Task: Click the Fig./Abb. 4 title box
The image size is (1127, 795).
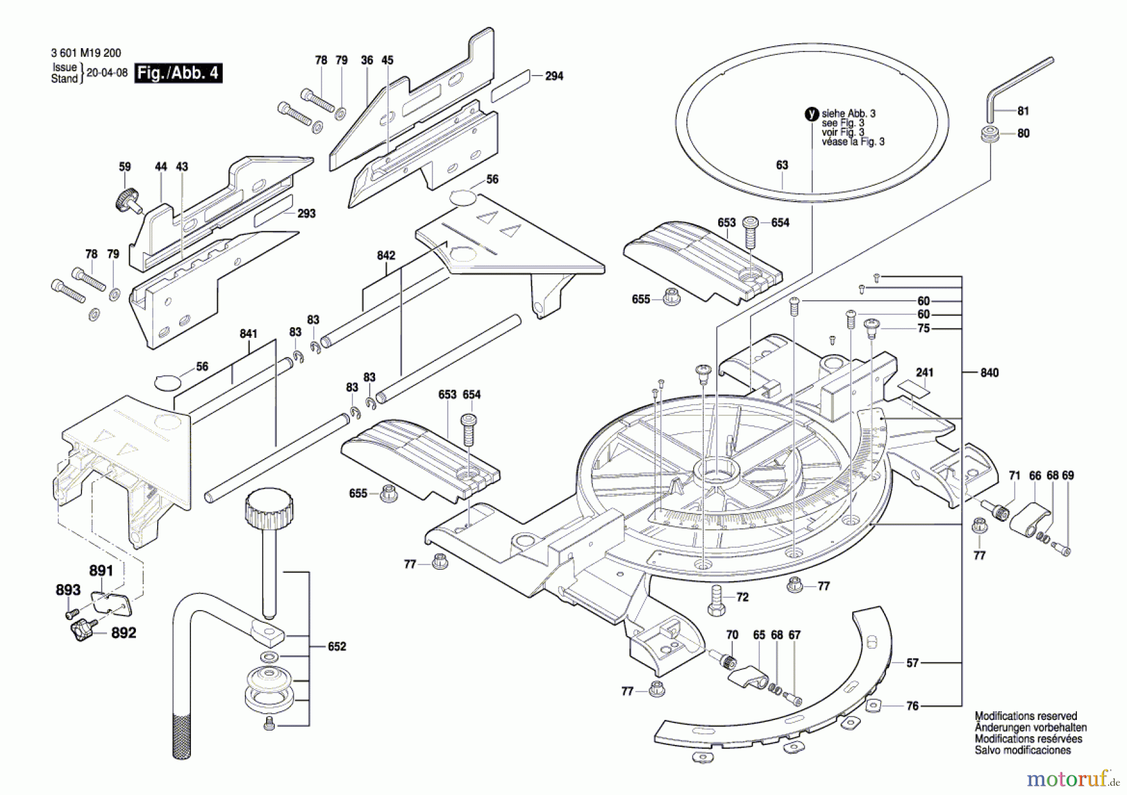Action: click(x=178, y=73)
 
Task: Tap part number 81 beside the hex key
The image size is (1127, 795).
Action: click(x=1023, y=111)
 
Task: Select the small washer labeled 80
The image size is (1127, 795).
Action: click(x=989, y=134)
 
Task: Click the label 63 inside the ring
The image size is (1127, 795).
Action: click(x=782, y=165)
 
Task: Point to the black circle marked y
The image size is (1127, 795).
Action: click(x=811, y=114)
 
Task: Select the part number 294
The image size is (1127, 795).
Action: click(x=554, y=76)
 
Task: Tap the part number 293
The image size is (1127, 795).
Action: click(x=306, y=213)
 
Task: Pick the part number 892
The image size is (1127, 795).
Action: click(x=123, y=632)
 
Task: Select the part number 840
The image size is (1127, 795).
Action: click(x=989, y=373)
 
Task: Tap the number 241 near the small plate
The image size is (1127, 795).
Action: click(x=924, y=373)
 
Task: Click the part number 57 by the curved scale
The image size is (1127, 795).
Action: click(x=912, y=662)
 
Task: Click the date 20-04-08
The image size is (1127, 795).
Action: click(x=106, y=73)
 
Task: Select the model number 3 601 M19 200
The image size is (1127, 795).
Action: click(x=86, y=53)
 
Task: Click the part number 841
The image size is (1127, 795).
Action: click(x=249, y=333)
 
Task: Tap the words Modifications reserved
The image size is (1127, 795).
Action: click(x=1026, y=716)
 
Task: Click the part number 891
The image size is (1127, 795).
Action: click(x=101, y=570)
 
